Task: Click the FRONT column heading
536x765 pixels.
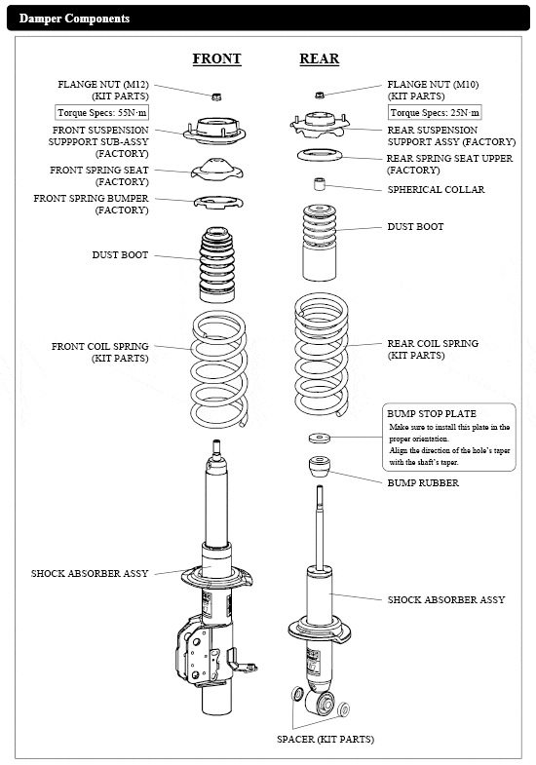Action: [216, 58]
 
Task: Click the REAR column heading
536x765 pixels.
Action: [319, 58]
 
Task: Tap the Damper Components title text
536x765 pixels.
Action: [74, 19]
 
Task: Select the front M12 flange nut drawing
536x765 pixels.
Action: [216, 96]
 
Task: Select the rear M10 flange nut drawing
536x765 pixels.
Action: [320, 95]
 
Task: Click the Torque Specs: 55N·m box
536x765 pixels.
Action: [101, 113]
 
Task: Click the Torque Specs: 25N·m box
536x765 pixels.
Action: [435, 113]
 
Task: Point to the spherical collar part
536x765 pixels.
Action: [320, 184]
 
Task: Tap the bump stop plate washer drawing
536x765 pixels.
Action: [320, 438]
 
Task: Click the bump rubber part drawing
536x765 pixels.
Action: [320, 468]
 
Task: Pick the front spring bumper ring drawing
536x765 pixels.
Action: [218, 203]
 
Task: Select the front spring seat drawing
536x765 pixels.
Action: [217, 169]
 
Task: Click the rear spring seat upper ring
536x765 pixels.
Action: [320, 156]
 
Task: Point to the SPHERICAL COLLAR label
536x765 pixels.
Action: [436, 189]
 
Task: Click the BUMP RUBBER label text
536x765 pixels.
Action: [423, 483]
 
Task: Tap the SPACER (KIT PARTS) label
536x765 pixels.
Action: [325, 739]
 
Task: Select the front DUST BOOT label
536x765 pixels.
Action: [120, 254]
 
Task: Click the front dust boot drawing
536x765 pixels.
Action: [217, 265]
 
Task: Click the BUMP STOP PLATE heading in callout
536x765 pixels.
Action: [432, 414]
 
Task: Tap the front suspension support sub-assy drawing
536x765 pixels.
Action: [214, 131]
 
